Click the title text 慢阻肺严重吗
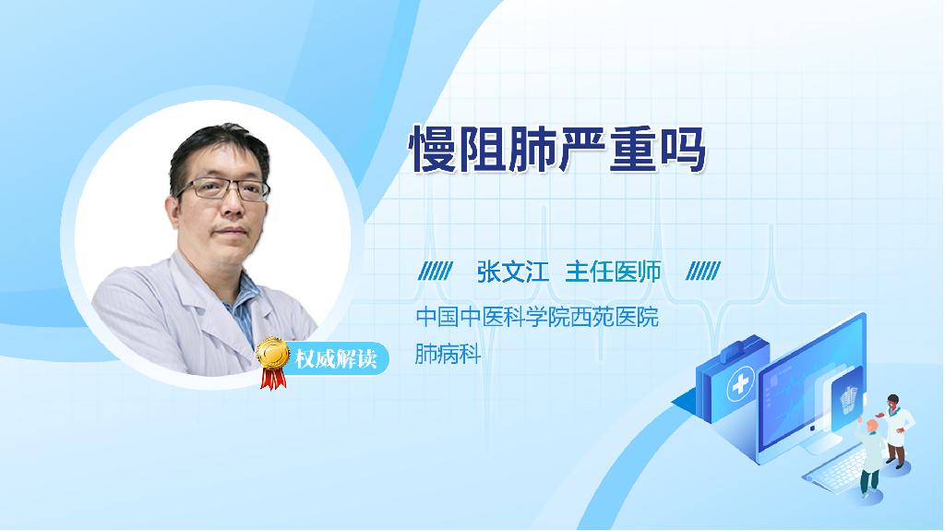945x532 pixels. point(556,149)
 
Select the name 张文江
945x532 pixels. point(512,272)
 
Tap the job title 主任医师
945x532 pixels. point(613,272)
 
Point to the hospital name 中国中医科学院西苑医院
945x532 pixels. point(537,318)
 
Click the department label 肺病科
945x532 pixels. point(448,354)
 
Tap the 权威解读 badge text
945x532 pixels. point(336,359)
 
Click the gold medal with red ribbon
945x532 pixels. point(273,362)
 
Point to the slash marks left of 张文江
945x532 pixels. point(436,272)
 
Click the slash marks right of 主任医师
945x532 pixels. point(702,272)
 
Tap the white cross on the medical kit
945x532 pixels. point(740,384)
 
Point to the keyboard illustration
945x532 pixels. point(838,470)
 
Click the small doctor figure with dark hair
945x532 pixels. point(897,430)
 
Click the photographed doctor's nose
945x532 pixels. point(232,204)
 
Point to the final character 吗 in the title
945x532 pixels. point(683,149)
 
